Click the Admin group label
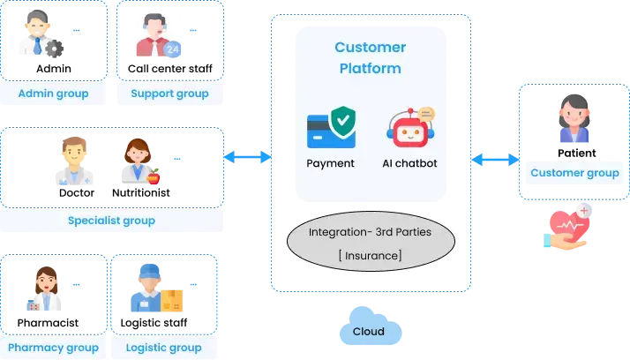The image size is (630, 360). coord(54,94)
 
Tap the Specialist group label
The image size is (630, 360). coord(111,221)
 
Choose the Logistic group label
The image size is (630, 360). coord(164,348)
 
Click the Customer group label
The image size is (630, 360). coord(574,173)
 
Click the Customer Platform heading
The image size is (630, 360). coord(371,57)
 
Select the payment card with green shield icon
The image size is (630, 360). coord(331,129)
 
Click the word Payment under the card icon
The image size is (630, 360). coord(331,163)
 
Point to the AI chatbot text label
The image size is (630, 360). coord(410,163)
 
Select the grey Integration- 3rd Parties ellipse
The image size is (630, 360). coord(371,244)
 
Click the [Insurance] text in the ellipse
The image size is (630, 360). coord(371,255)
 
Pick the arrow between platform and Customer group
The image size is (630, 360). coord(495,160)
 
